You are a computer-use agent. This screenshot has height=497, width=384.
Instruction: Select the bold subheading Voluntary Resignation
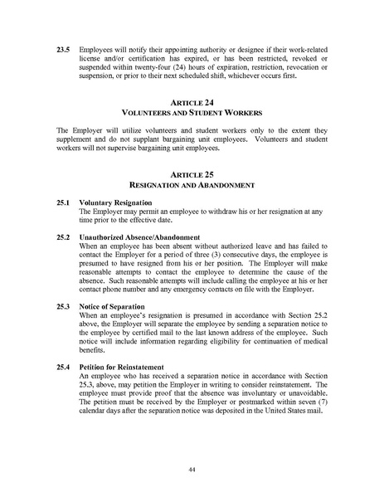click(x=115, y=202)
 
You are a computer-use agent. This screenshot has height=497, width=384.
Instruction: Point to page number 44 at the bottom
click(x=192, y=469)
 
